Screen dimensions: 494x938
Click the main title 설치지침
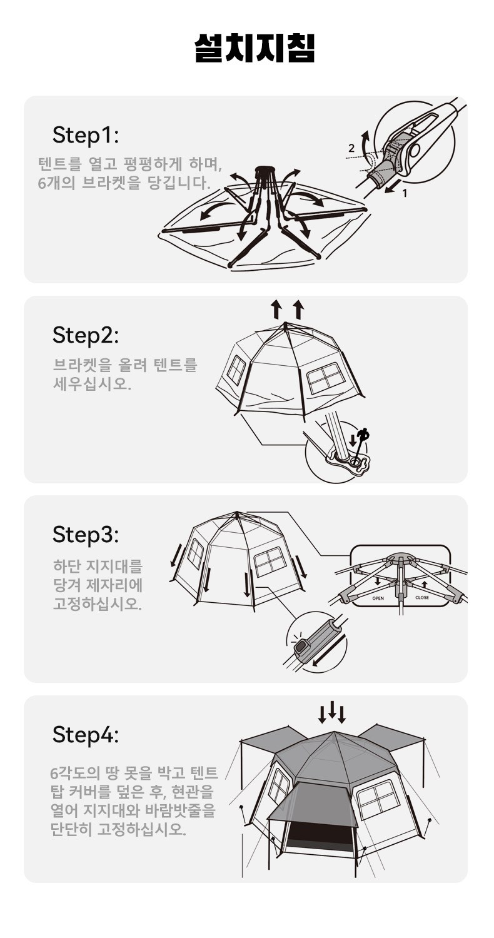(255, 48)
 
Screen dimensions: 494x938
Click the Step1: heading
(86, 135)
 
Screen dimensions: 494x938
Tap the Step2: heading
(86, 335)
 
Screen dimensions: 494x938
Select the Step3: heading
(86, 535)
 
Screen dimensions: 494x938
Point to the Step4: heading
(86, 735)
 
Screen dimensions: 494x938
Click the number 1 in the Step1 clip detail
(405, 193)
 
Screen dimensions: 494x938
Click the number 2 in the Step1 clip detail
(351, 148)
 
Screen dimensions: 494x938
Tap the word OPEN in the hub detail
(378, 598)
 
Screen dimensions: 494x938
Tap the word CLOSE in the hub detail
(422, 598)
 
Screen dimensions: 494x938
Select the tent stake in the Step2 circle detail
(361, 446)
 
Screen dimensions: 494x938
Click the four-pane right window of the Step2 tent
(326, 378)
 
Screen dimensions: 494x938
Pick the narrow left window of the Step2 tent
(236, 370)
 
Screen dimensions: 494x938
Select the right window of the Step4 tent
(377, 799)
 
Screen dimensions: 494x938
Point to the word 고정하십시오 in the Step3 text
(98, 603)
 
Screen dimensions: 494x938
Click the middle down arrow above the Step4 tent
(333, 709)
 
